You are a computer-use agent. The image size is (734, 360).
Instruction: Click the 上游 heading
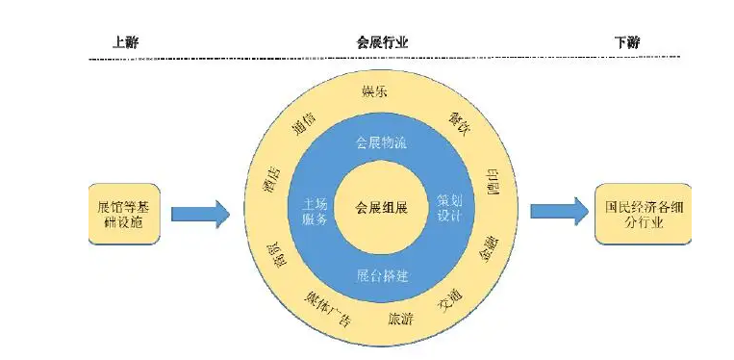point(125,42)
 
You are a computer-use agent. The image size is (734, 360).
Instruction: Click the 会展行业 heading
point(382,42)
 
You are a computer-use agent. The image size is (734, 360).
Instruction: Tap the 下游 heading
point(626,42)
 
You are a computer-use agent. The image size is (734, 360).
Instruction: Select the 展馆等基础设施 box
point(123,213)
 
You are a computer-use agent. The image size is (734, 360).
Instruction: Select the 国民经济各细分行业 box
point(641,213)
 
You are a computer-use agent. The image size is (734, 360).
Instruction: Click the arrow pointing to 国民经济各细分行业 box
point(559,210)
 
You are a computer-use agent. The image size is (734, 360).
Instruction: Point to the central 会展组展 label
point(382,207)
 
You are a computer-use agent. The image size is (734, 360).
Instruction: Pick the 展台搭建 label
point(382,276)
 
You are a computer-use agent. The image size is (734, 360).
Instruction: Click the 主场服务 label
point(315,209)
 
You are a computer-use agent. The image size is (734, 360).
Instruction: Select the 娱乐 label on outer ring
point(375,90)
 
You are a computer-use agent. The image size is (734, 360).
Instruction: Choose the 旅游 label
point(401,319)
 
